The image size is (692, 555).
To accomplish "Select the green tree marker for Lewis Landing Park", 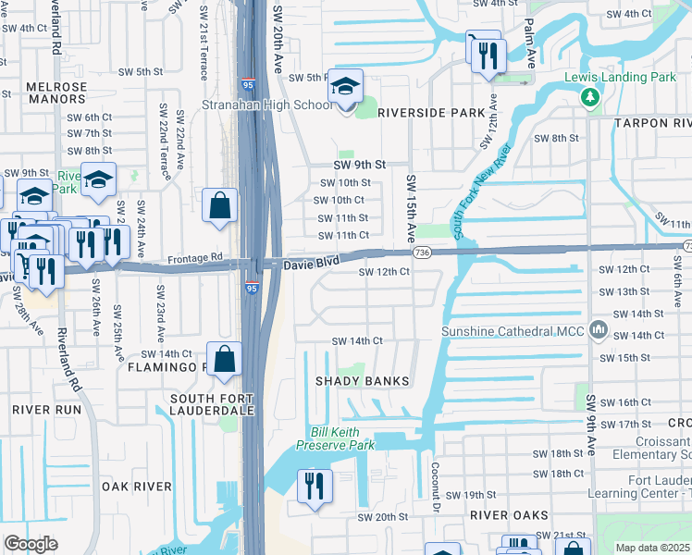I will point(588,97).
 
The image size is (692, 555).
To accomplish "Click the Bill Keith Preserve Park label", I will point(335,438).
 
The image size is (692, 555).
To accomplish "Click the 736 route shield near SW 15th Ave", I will point(422,253).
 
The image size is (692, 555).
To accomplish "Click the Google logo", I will point(31,543).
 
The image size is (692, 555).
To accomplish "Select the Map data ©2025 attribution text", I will point(651,548).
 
